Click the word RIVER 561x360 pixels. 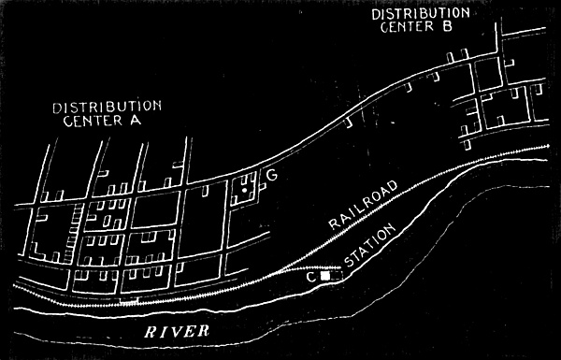pos(177,331)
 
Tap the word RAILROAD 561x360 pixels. pos(363,205)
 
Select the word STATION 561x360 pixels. pos(370,246)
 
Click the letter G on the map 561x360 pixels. pos(272,175)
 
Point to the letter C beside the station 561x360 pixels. pos(311,277)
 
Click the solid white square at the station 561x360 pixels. pos(325,276)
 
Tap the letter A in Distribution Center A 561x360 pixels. pos(136,121)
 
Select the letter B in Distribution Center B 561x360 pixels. pos(447,27)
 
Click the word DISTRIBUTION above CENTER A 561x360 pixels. pos(107,108)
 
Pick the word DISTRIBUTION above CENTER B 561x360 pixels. pos(421,14)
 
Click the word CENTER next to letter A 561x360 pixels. pos(93,121)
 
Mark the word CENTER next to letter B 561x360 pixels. pos(407,27)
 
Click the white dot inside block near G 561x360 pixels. pos(244,191)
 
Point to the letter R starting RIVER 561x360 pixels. pos(151,332)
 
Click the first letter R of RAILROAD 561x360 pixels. pos(334,224)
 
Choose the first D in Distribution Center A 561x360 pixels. pos(57,108)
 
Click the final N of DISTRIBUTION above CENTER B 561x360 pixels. pos(465,13)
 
